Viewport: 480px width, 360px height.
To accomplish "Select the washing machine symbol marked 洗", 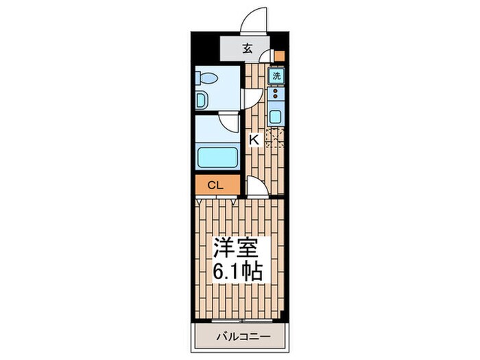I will (276, 77).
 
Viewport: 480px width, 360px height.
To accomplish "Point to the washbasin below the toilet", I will (200, 101).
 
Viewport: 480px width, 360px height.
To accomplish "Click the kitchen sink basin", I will (276, 117).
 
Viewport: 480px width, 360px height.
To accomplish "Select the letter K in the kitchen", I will (253, 140).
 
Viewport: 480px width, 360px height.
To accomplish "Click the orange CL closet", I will (215, 184).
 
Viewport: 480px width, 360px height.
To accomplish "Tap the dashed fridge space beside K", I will (274, 139).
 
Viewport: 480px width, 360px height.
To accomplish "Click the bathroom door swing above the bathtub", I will (229, 123).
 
